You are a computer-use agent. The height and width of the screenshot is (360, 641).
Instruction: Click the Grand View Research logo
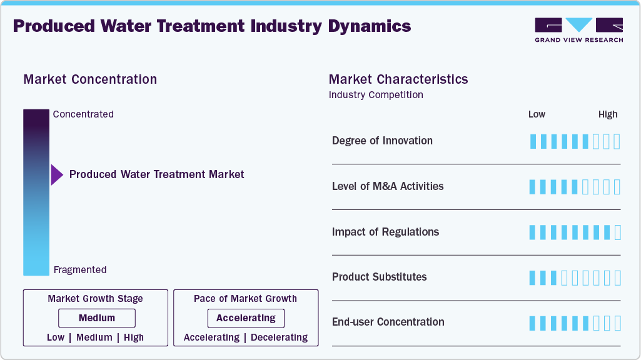(x=578, y=30)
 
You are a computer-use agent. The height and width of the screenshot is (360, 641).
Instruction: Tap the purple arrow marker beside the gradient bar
(x=57, y=175)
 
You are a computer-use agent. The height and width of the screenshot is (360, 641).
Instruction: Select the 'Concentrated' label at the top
(x=83, y=114)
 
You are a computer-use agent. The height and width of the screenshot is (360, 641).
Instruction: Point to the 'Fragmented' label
(x=80, y=270)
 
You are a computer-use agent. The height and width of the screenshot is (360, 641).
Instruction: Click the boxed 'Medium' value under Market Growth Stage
(x=97, y=318)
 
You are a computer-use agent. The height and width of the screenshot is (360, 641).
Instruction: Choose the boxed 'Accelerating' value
(x=246, y=318)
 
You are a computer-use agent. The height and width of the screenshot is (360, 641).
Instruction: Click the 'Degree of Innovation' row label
(x=382, y=141)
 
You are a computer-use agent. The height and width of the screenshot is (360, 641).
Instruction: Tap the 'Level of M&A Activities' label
(x=388, y=186)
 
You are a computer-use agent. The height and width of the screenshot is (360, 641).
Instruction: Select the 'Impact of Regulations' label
(x=385, y=232)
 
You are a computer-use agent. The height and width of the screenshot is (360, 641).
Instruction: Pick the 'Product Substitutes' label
(x=379, y=277)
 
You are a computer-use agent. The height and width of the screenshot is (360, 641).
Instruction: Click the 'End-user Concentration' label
(x=388, y=322)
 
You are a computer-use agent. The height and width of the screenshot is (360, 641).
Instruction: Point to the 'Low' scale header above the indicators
(x=537, y=114)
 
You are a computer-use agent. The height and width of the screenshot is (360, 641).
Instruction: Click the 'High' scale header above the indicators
(x=608, y=114)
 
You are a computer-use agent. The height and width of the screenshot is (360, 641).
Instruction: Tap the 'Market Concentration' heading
(x=90, y=79)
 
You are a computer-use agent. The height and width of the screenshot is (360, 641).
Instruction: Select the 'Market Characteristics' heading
(x=398, y=79)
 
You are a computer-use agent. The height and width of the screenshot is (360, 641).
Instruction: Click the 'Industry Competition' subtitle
(x=376, y=95)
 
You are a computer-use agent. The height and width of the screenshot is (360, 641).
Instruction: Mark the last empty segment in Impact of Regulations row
(x=617, y=232)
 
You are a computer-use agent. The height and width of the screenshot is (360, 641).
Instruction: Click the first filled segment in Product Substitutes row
(x=533, y=277)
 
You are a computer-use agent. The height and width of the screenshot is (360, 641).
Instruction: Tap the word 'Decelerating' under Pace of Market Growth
(x=280, y=337)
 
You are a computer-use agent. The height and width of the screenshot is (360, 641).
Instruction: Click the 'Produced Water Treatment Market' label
(x=157, y=174)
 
